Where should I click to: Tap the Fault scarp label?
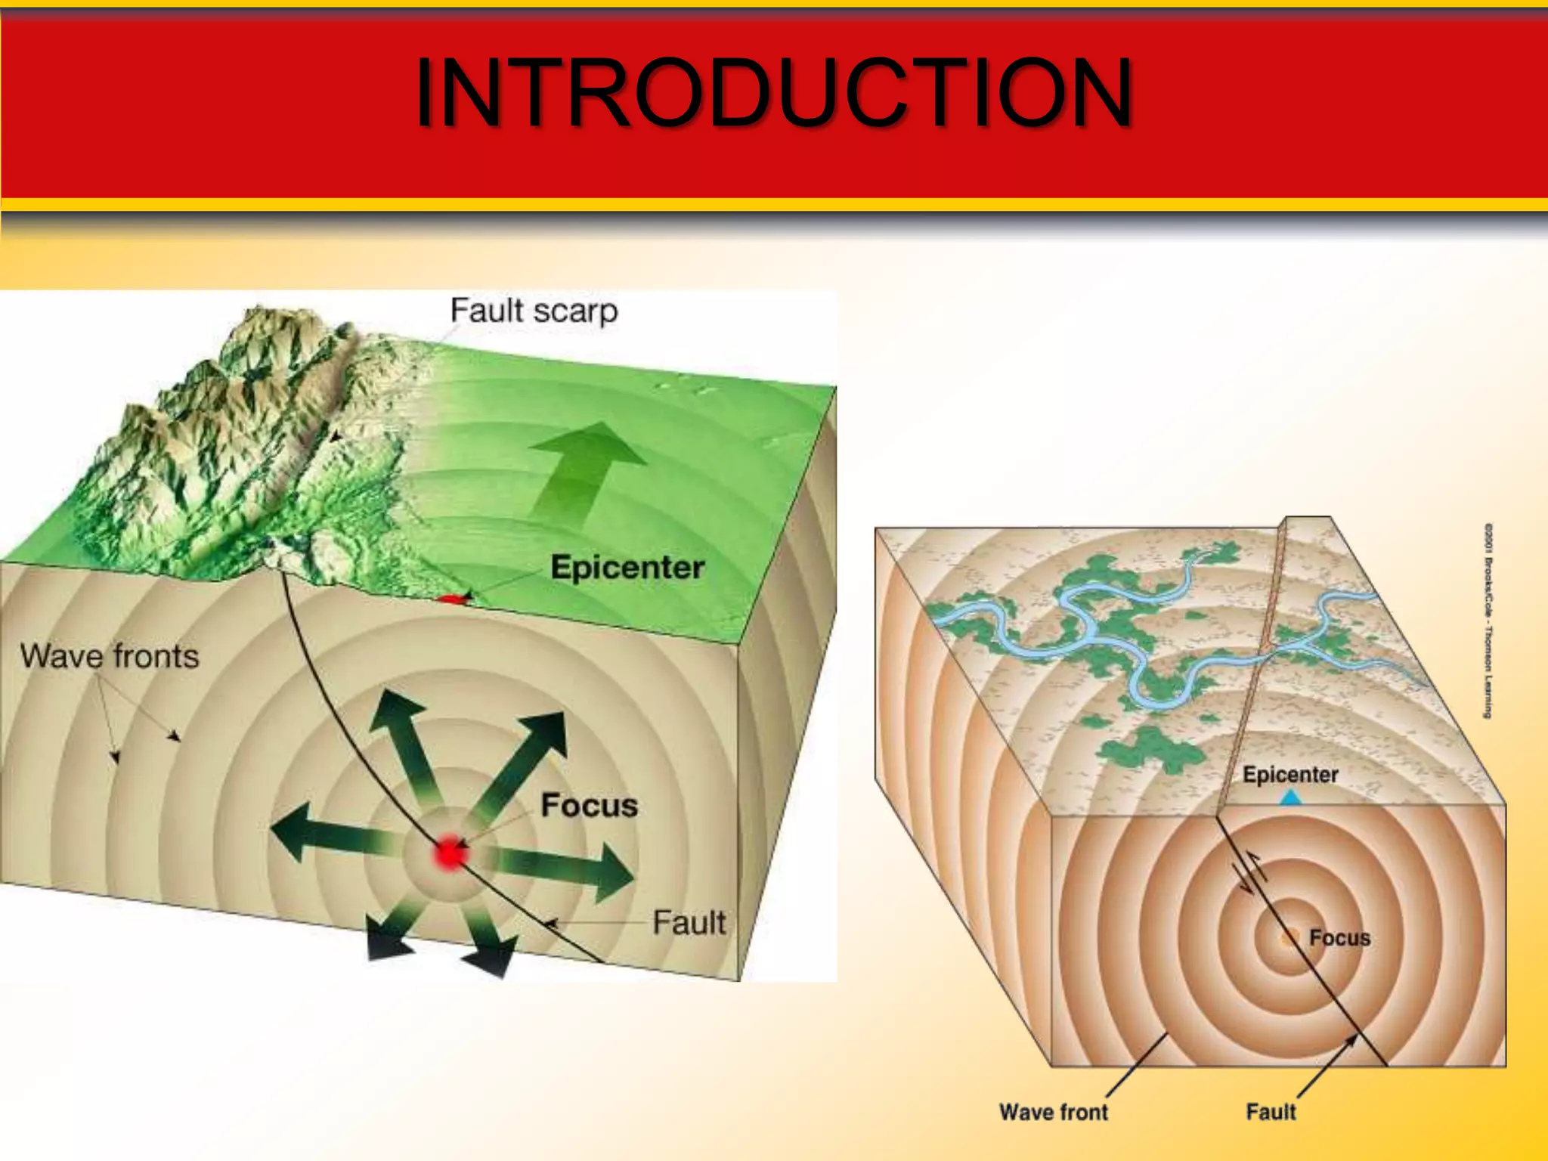click(x=534, y=311)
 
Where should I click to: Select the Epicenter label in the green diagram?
click(x=627, y=567)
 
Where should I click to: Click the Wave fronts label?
click(x=110, y=656)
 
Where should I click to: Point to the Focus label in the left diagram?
click(x=590, y=805)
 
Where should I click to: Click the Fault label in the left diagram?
click(x=689, y=923)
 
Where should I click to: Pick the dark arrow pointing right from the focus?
click(x=574, y=869)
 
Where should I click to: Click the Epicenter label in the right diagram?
click(x=1290, y=775)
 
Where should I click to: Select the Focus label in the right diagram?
click(x=1339, y=938)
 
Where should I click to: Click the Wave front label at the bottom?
click(x=1053, y=1112)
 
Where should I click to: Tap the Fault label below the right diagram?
click(x=1271, y=1112)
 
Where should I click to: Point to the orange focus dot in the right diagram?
click(x=1288, y=939)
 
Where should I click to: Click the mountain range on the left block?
click(x=227, y=423)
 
